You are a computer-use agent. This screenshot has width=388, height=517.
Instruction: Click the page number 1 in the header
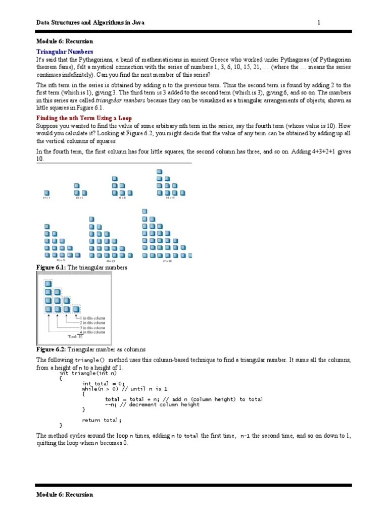319,22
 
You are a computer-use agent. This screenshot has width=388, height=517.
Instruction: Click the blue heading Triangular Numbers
65,52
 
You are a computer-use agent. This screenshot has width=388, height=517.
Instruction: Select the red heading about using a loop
81,118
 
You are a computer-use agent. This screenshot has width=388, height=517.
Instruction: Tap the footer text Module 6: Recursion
65,494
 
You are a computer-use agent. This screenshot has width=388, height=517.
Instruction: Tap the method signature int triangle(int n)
88,373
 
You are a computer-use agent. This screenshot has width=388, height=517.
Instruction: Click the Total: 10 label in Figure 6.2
75,336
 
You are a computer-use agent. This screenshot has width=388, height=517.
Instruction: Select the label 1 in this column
91,318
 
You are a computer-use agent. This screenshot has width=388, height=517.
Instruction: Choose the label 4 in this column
91,332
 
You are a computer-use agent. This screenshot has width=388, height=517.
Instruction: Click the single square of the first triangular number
46,193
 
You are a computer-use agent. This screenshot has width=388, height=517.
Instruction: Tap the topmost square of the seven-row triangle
145,211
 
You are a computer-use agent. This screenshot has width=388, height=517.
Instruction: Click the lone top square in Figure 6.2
48,283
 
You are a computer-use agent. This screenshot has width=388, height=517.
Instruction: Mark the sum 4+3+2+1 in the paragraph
315,151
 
